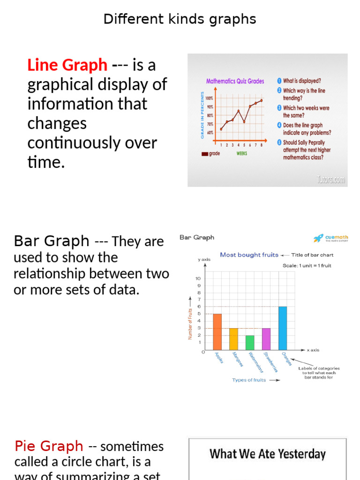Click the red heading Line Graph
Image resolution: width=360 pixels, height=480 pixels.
(x=67, y=65)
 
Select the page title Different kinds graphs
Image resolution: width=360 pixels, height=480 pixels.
(x=180, y=19)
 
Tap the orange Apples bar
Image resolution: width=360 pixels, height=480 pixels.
(x=217, y=332)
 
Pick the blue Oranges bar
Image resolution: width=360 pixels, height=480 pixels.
(x=283, y=328)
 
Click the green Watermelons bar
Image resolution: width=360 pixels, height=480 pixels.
(x=250, y=343)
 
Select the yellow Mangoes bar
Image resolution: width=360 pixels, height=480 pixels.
(x=233, y=339)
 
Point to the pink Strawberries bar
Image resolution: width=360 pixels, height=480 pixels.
(x=266, y=339)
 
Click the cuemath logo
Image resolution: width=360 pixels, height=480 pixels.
(x=331, y=239)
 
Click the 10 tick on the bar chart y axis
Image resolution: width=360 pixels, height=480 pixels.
(x=198, y=278)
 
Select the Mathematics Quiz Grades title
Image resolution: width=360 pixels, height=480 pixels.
(x=235, y=81)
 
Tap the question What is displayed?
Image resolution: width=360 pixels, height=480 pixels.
(x=301, y=81)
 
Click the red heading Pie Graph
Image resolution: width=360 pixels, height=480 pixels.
(x=49, y=446)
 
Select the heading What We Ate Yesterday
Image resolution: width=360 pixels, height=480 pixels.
(x=267, y=454)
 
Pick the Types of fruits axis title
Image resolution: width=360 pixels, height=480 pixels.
(x=249, y=380)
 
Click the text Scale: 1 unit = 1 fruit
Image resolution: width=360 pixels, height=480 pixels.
(x=307, y=265)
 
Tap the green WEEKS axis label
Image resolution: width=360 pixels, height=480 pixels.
(x=242, y=153)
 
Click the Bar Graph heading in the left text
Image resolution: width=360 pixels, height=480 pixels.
(x=52, y=241)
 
